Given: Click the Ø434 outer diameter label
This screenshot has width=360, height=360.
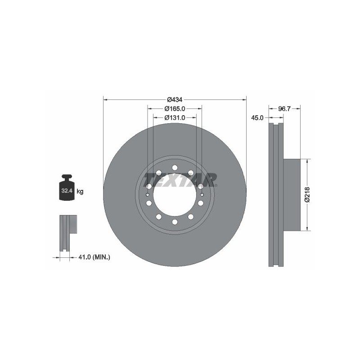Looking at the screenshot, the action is pos(175,99).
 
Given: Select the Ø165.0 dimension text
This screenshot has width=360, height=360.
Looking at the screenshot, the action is pos(175,108).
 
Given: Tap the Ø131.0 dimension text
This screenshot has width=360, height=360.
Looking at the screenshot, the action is pos(175,117).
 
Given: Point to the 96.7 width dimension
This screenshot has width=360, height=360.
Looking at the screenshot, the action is pos(284,109).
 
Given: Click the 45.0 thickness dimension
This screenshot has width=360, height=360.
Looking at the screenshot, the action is pos(257,118).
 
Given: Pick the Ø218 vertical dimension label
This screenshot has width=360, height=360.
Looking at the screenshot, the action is pos(307,195).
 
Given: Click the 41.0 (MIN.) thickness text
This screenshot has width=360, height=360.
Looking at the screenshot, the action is pos(94,257).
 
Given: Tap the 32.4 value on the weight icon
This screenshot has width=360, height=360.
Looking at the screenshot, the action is pos(67,190).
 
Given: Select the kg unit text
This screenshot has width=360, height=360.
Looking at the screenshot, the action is pos(80,191).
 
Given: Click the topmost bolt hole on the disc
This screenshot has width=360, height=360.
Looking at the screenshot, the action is pos(175,167).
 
